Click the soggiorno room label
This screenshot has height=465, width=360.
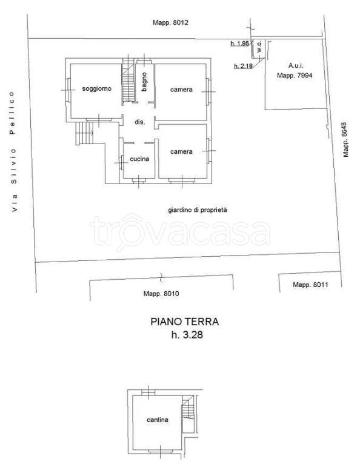tap(96, 88)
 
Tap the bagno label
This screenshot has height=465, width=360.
tap(144, 82)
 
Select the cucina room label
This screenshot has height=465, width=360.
tap(139, 159)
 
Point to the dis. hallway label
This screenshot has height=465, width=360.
tap(139, 122)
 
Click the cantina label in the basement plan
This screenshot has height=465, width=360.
tap(158, 420)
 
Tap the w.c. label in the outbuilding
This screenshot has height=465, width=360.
tap(259, 47)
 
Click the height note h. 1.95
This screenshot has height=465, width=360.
tap(240, 44)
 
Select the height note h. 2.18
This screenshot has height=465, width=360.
tap(244, 65)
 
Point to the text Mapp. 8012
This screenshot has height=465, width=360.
tap(170, 22)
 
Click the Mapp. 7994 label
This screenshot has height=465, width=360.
tap(295, 75)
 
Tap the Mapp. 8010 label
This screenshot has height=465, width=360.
tap(161, 294)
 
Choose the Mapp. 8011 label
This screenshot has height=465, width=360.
tap(310, 285)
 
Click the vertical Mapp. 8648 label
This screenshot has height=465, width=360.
tap(345, 139)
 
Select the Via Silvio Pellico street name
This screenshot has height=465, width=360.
tap(13, 151)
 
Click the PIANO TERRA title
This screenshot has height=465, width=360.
tap(185, 322)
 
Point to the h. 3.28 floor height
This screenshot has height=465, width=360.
tap(187, 335)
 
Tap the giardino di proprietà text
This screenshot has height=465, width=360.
tap(198, 210)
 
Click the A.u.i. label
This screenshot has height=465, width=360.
tap(296, 65)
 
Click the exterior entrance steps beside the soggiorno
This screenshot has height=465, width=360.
tap(85, 133)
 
